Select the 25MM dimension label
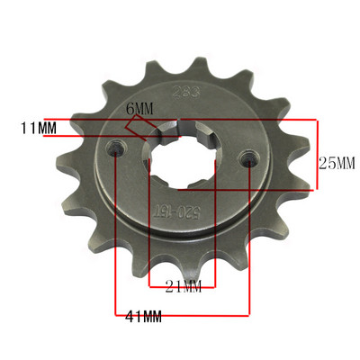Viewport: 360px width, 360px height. [337, 163]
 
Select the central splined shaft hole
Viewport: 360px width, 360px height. [181, 159]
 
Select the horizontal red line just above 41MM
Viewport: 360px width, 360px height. [180, 315]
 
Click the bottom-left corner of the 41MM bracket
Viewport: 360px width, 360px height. [113, 315]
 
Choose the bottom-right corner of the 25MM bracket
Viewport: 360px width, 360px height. [316, 190]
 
